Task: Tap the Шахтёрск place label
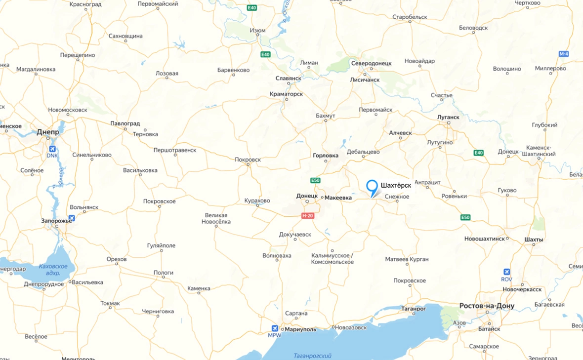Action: tap(395, 185)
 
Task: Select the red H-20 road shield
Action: tap(308, 216)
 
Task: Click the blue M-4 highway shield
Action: tap(564, 53)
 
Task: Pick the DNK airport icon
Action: tap(52, 149)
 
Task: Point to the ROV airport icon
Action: tap(506, 272)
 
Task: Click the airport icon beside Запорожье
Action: tap(72, 218)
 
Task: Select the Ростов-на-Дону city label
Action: tap(487, 306)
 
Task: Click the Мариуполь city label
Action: tap(300, 329)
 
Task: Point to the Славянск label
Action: tap(289, 79)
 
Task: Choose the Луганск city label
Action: tap(448, 118)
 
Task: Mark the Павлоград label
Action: tap(125, 123)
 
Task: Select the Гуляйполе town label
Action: tap(161, 245)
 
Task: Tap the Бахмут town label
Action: tap(325, 116)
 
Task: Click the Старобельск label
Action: tap(409, 17)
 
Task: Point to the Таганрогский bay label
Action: tap(312, 356)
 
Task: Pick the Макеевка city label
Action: tap(338, 198)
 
